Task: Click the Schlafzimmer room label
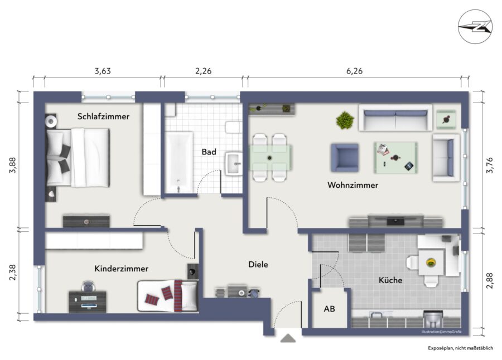click(x=103, y=116)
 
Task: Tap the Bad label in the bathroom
click(x=209, y=152)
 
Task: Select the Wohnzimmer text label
click(x=353, y=185)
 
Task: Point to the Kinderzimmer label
click(x=121, y=269)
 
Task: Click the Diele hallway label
click(x=258, y=264)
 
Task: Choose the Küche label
click(x=390, y=280)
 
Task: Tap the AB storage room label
click(x=329, y=309)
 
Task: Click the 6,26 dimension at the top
click(x=354, y=71)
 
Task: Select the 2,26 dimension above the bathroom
click(x=203, y=71)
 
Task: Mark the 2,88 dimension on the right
click(x=490, y=281)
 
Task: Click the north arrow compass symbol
click(x=475, y=27)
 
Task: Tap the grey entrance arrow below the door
click(x=288, y=338)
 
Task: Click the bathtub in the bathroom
click(x=179, y=163)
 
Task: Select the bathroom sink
click(x=234, y=163)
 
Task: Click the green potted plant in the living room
click(x=345, y=120)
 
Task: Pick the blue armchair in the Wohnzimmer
click(x=345, y=158)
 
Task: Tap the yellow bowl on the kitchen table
click(x=431, y=262)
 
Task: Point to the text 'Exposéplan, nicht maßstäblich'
click(x=460, y=348)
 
